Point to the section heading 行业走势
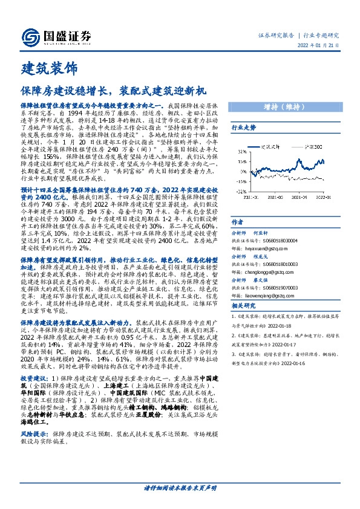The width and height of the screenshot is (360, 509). coord(244,128)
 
